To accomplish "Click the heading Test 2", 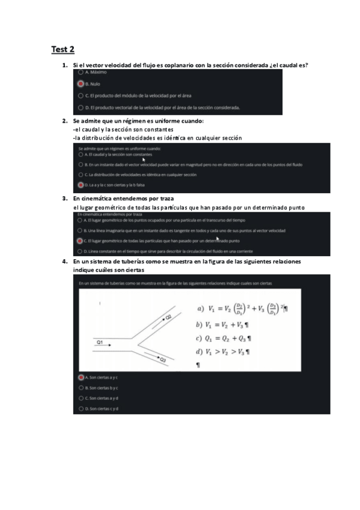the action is coord(63,49).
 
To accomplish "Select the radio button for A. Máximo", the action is coord(81,72).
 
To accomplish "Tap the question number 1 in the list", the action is coord(64,64).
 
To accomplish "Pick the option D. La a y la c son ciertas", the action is coord(81,185).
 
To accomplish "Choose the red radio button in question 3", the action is coord(80,241).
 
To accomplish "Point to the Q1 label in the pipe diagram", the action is coord(100,342).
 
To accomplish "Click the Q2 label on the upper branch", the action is coord(168,316).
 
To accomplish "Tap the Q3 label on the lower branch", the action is coord(162,359).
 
